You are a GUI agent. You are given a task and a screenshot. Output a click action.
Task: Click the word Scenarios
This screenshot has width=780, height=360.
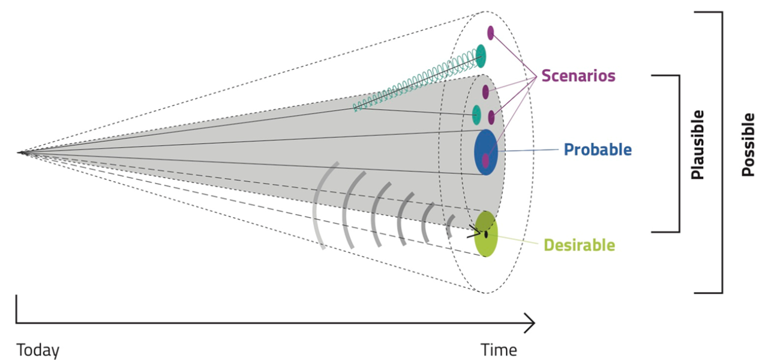578,76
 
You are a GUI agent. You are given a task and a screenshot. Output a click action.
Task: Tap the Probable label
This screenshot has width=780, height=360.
598,150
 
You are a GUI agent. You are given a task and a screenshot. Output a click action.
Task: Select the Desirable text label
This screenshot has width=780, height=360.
580,245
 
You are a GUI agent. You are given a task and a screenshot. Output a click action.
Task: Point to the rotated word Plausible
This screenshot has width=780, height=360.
697,145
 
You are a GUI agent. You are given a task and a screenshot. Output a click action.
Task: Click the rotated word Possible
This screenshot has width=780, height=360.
748,145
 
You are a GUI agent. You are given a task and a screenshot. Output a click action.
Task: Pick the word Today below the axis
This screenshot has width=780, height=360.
38,350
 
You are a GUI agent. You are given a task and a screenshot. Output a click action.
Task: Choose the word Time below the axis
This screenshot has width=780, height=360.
499,350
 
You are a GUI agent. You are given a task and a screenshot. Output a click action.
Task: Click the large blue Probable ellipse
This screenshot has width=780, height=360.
486,152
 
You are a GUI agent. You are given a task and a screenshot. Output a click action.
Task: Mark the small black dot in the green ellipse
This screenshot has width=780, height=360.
486,235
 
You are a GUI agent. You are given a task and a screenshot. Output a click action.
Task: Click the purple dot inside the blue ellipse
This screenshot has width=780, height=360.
485,161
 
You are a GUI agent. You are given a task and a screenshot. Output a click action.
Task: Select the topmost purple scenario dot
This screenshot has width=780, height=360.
491,33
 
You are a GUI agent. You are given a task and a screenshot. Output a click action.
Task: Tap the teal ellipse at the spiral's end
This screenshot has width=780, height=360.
481,56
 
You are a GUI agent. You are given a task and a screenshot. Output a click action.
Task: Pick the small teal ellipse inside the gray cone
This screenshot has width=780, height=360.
476,115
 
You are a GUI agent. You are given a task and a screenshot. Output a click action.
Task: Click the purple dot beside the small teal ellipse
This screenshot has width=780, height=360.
491,118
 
